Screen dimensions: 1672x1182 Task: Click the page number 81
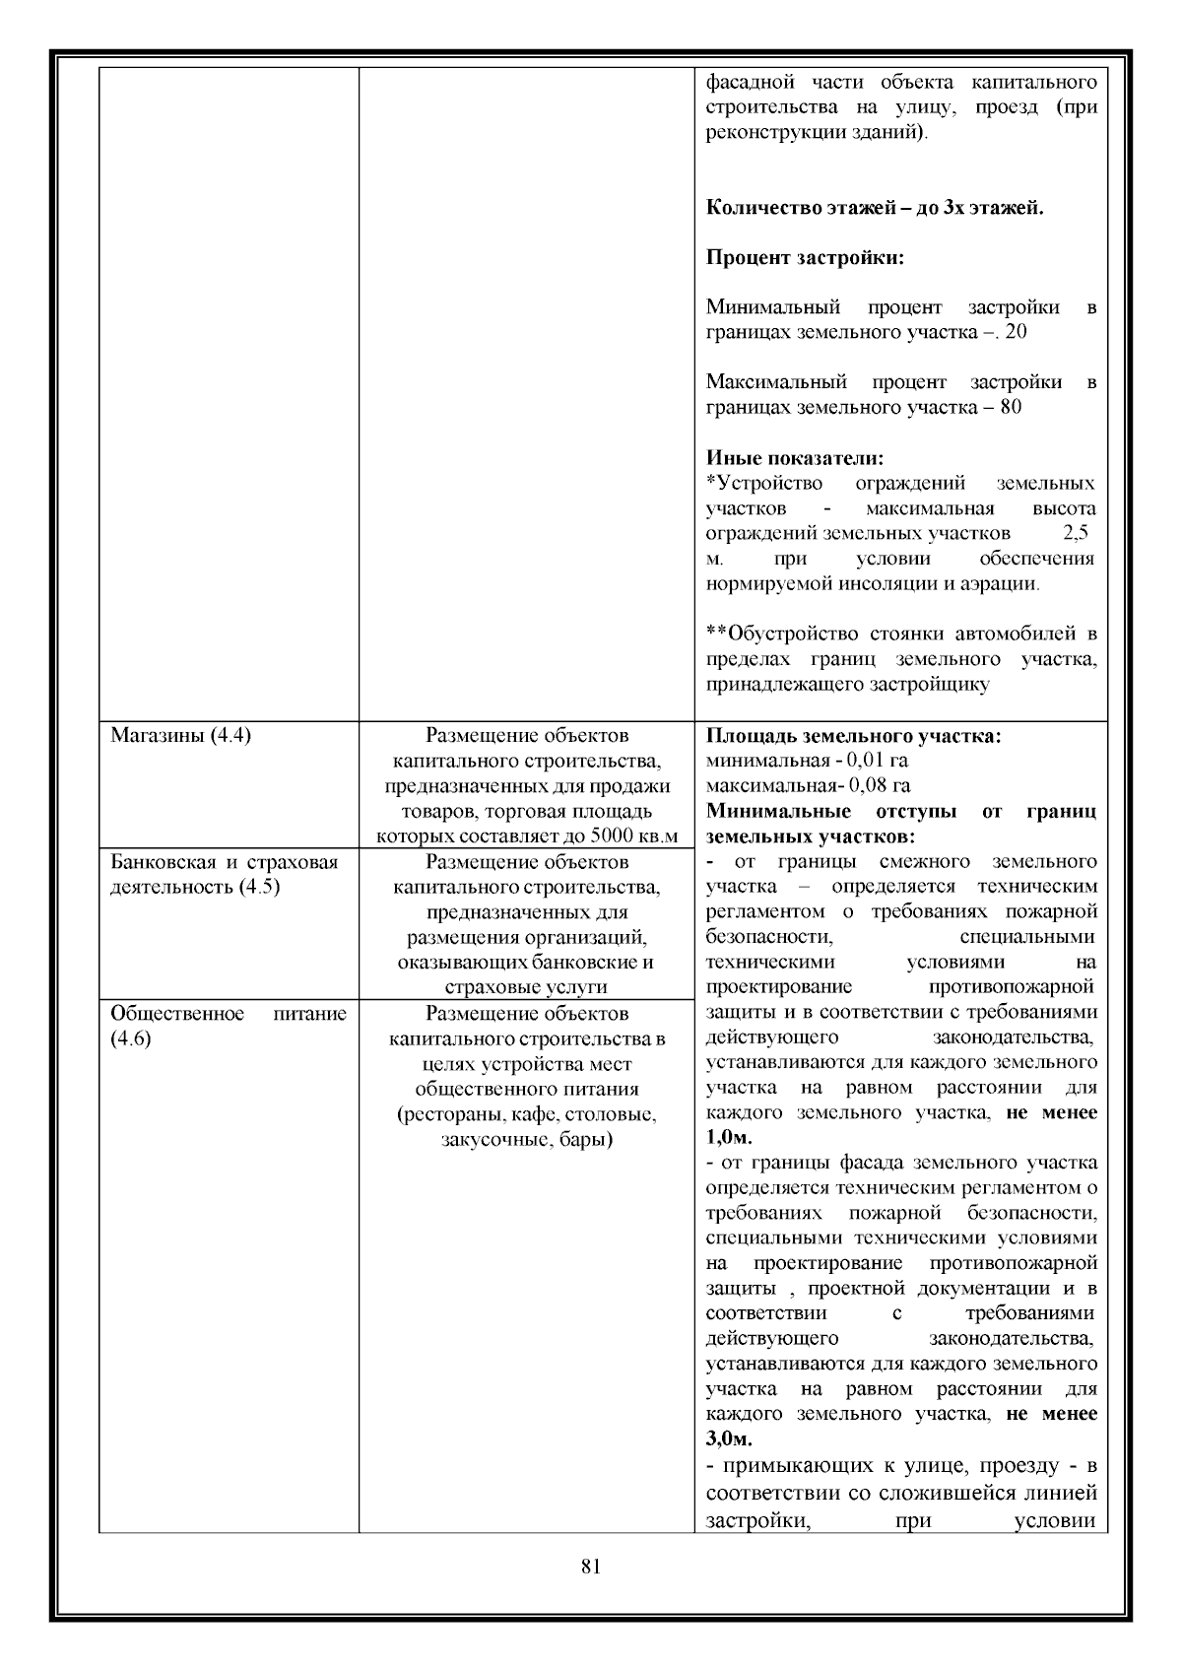coord(591,1567)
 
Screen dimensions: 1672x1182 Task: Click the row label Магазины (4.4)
coord(180,736)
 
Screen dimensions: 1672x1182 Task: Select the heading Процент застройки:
coord(805,258)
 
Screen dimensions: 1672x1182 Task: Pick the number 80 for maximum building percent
coord(1010,407)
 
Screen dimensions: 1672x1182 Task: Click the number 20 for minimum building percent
coord(1016,332)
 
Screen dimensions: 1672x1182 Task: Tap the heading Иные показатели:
coord(795,458)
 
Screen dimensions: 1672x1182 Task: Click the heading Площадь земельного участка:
coord(854,736)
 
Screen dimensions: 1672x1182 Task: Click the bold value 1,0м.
coord(729,1138)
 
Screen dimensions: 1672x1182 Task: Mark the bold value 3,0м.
coord(729,1439)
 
